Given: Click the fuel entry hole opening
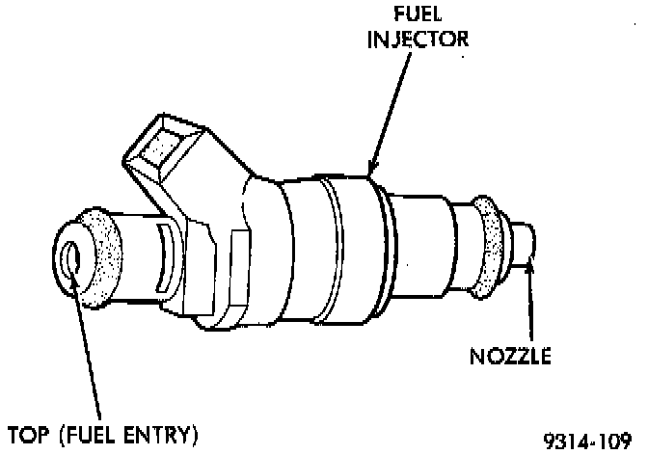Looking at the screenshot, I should point(69,259).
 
